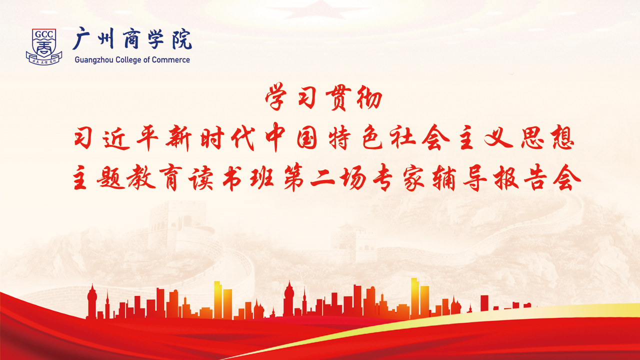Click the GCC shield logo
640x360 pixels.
pos(43,46)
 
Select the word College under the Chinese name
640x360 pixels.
pos(130,60)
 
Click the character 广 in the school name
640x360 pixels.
pos(82,39)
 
